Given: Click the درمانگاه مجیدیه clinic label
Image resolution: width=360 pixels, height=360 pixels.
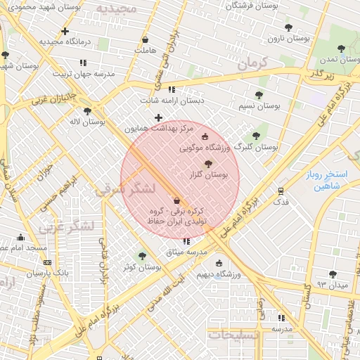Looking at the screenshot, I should click(x=65, y=42).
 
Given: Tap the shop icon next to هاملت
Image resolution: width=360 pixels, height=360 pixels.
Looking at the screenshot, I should click(x=145, y=39).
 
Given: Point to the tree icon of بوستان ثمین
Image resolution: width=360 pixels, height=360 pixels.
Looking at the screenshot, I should click(x=341, y=49).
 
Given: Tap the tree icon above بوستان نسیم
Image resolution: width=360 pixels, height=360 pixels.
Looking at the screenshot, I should click(x=259, y=95).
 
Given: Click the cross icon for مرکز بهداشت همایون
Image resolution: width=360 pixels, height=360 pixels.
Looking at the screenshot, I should click(x=158, y=117).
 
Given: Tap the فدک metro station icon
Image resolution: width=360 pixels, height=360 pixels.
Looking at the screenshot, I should click(x=281, y=191).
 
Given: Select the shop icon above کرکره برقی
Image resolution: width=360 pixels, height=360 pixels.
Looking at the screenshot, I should click(x=176, y=201).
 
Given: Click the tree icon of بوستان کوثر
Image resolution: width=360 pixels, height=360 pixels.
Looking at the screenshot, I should click(x=143, y=256).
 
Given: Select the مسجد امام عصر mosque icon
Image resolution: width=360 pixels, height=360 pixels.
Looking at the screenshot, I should click(x=20, y=237).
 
